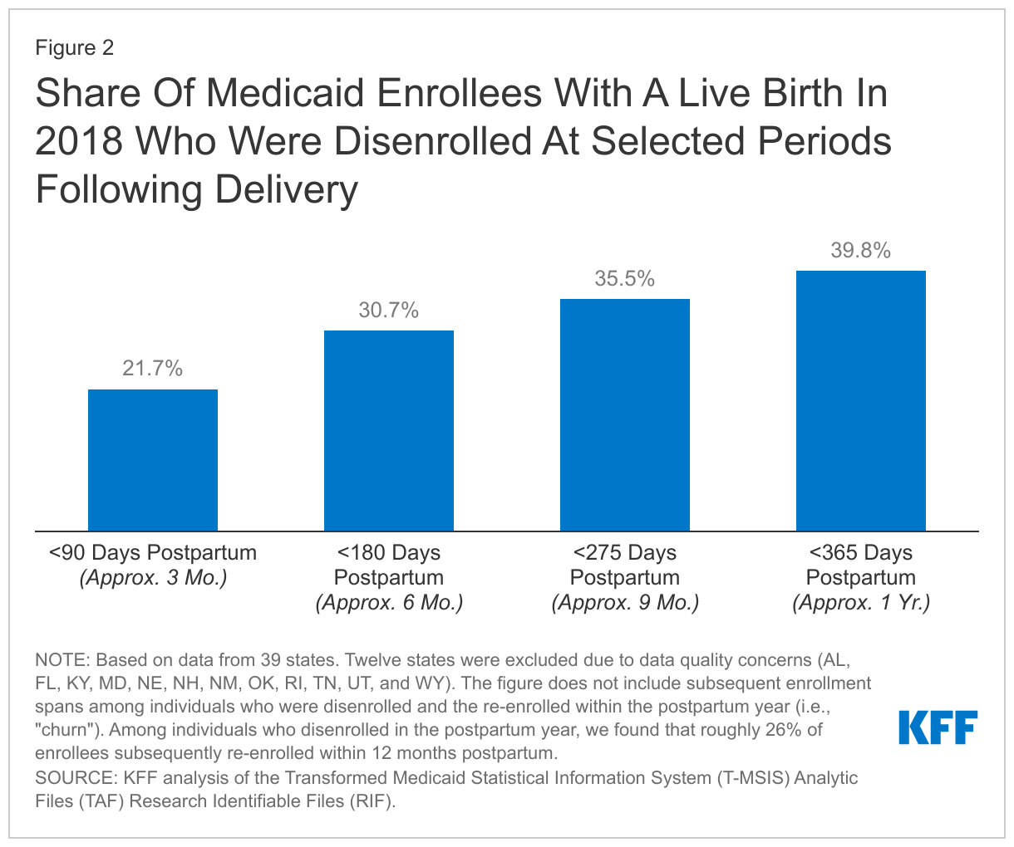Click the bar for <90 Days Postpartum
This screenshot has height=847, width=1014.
(153, 460)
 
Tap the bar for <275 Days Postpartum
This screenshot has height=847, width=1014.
(625, 414)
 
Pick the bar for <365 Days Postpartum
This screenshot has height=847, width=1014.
(861, 400)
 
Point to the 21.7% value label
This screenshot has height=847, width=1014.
(153, 369)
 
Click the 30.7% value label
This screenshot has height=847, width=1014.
(389, 311)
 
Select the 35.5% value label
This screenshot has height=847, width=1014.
(625, 279)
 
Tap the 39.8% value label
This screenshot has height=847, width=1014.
(861, 251)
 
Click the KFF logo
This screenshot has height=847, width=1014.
(938, 727)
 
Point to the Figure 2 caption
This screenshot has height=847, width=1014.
(74, 48)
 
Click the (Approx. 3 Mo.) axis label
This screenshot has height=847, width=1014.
(153, 578)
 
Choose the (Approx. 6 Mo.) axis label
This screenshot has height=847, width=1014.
(389, 603)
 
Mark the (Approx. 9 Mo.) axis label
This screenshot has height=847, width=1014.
(625, 603)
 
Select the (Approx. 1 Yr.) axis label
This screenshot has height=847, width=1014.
(861, 603)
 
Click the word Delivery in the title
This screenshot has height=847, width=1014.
(287, 189)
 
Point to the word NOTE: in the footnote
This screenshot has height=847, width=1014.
(63, 661)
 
